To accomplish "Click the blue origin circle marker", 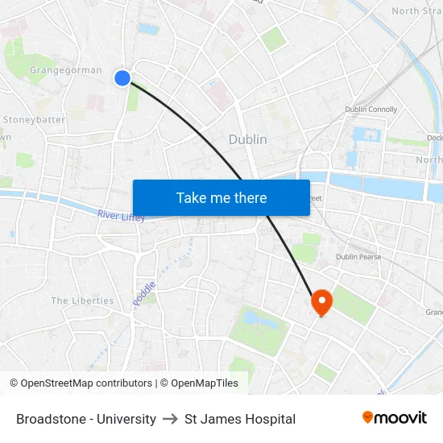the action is [x=122, y=77].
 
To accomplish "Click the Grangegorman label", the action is [x=66, y=70].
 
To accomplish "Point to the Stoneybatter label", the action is [x=34, y=119].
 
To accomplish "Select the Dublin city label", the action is [x=247, y=139].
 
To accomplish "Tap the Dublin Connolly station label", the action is [x=371, y=110].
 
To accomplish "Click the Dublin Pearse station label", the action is [x=358, y=257].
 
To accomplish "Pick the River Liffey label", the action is [x=121, y=216].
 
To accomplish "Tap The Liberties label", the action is [x=82, y=300].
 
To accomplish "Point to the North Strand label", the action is [x=416, y=10].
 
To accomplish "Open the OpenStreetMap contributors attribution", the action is [x=81, y=383].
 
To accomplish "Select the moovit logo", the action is [x=394, y=418].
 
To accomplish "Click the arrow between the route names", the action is [x=170, y=419].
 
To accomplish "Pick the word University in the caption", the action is [x=127, y=419].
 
